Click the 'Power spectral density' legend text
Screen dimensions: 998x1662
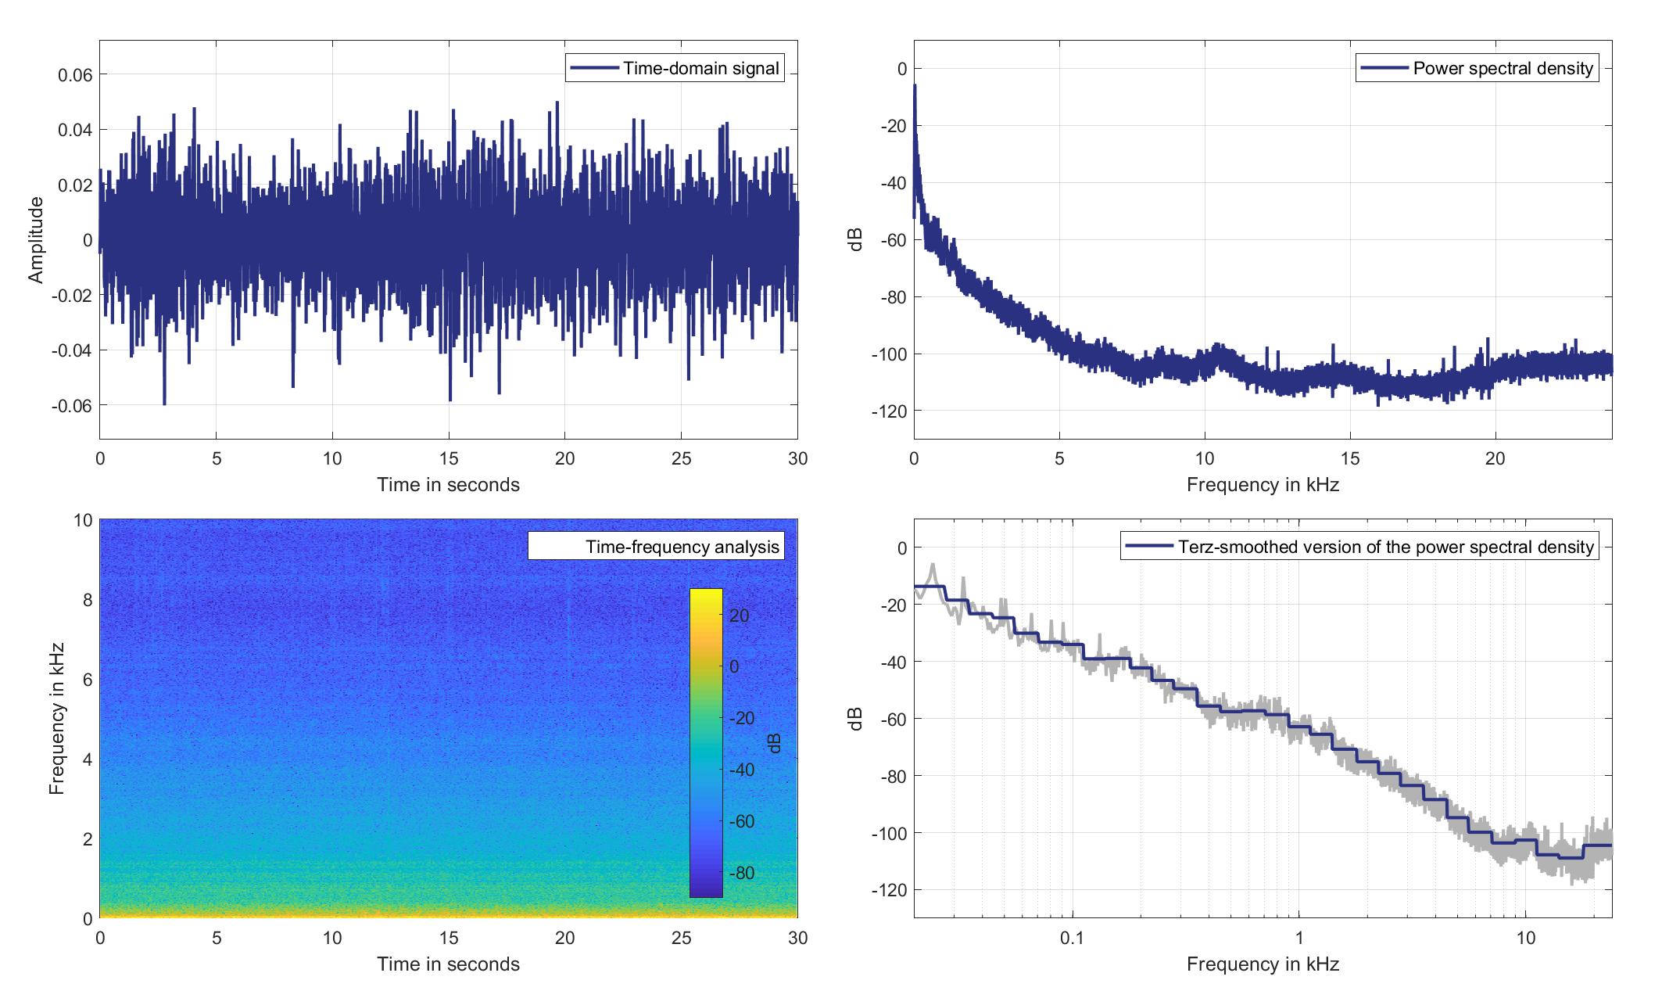pyautogui.click(x=1503, y=69)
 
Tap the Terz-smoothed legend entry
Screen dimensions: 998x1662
pyautogui.click(x=1385, y=547)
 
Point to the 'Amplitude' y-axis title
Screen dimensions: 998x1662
pyautogui.click(x=36, y=240)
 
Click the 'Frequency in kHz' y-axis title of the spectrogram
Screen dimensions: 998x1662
pyautogui.click(x=56, y=719)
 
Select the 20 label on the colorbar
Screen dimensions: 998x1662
pyautogui.click(x=740, y=616)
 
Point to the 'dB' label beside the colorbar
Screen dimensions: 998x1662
pyautogui.click(x=775, y=744)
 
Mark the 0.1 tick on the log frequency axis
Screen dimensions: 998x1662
pyautogui.click(x=1072, y=938)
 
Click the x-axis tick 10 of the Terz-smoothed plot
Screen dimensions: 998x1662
pyautogui.click(x=1525, y=938)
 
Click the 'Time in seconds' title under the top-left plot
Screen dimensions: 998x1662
pyautogui.click(x=448, y=485)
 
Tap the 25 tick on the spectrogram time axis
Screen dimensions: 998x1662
pyautogui.click(x=681, y=938)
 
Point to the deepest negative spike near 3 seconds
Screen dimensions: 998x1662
pyautogui.click(x=164, y=404)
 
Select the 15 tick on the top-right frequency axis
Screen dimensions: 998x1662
pyautogui.click(x=1350, y=458)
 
